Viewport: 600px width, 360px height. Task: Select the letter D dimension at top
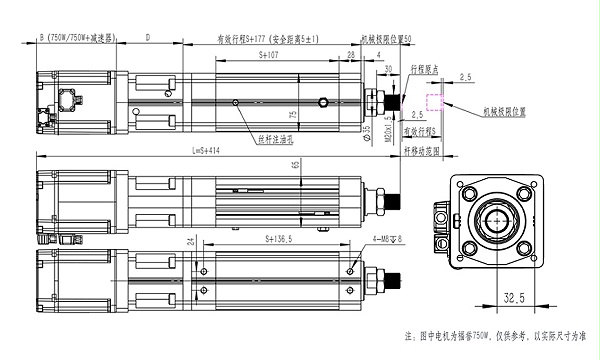click(148, 37)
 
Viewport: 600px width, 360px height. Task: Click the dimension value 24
click(191, 241)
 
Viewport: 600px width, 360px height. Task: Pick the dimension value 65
click(297, 163)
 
